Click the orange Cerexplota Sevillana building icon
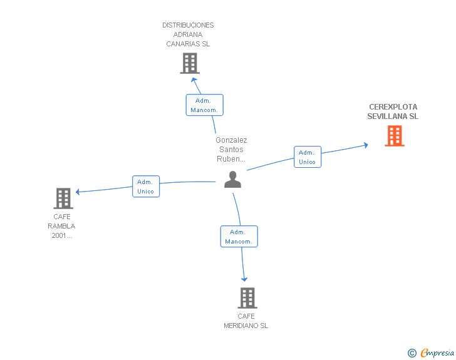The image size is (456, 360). click(395, 136)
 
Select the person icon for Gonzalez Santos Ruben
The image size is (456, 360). click(232, 180)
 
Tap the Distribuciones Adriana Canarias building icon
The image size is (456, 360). click(189, 63)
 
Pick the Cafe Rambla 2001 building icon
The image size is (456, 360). click(63, 198)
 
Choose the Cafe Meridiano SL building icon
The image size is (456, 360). click(247, 298)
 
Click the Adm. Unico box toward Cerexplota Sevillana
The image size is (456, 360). click(307, 157)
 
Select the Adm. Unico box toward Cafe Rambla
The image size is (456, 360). click(145, 187)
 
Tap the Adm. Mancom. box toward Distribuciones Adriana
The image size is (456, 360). click(204, 105)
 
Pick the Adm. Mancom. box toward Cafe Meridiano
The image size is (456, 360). click(239, 237)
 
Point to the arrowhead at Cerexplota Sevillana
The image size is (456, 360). click(365, 145)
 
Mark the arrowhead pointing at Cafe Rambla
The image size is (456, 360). click(79, 192)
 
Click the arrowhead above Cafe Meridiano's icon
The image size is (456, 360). click(244, 279)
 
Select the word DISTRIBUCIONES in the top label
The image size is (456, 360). click(188, 26)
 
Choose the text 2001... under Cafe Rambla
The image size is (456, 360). click(62, 236)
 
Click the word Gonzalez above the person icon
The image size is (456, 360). click(231, 140)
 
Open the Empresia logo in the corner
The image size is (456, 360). click(437, 352)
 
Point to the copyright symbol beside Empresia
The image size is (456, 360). click(412, 353)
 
